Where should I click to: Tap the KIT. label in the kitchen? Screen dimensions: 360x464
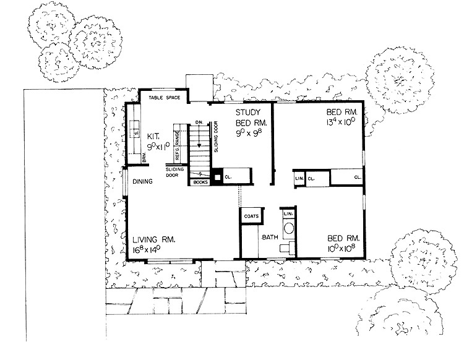(x=154, y=135)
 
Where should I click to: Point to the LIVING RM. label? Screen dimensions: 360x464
(x=156, y=238)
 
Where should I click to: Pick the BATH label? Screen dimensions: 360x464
(x=270, y=237)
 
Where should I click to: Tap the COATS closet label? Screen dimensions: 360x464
(x=251, y=216)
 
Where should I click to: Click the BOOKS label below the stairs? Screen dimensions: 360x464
(x=199, y=182)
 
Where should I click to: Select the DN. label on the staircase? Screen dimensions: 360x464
(x=199, y=122)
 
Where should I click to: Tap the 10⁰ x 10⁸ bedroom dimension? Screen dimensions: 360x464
(x=343, y=249)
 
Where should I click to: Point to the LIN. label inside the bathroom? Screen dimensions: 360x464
(x=287, y=213)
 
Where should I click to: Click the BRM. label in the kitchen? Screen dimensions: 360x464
(x=143, y=160)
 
